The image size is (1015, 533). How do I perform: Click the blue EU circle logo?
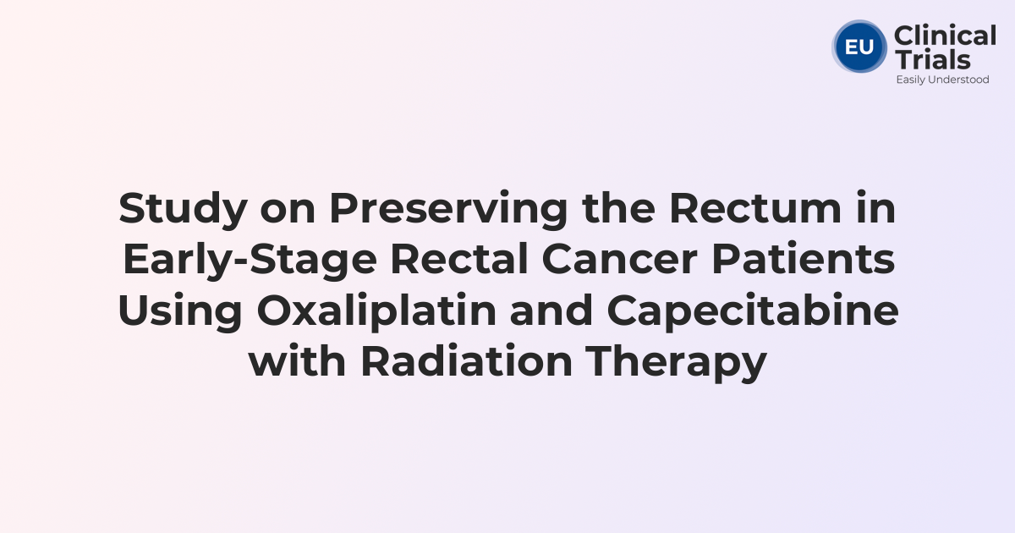tap(859, 47)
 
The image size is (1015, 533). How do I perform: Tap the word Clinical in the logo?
tap(945, 36)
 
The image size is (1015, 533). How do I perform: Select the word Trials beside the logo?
tap(932, 59)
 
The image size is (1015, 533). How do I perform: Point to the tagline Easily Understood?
tap(942, 80)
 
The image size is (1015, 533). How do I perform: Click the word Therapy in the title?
tap(677, 361)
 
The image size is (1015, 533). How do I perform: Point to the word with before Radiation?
tap(299, 361)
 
